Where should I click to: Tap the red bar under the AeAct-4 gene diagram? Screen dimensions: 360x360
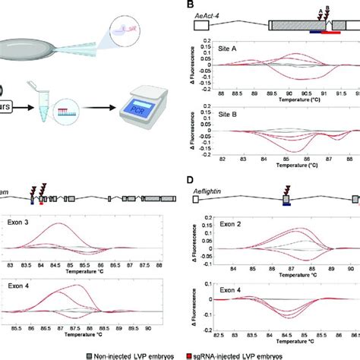point(331,33)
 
